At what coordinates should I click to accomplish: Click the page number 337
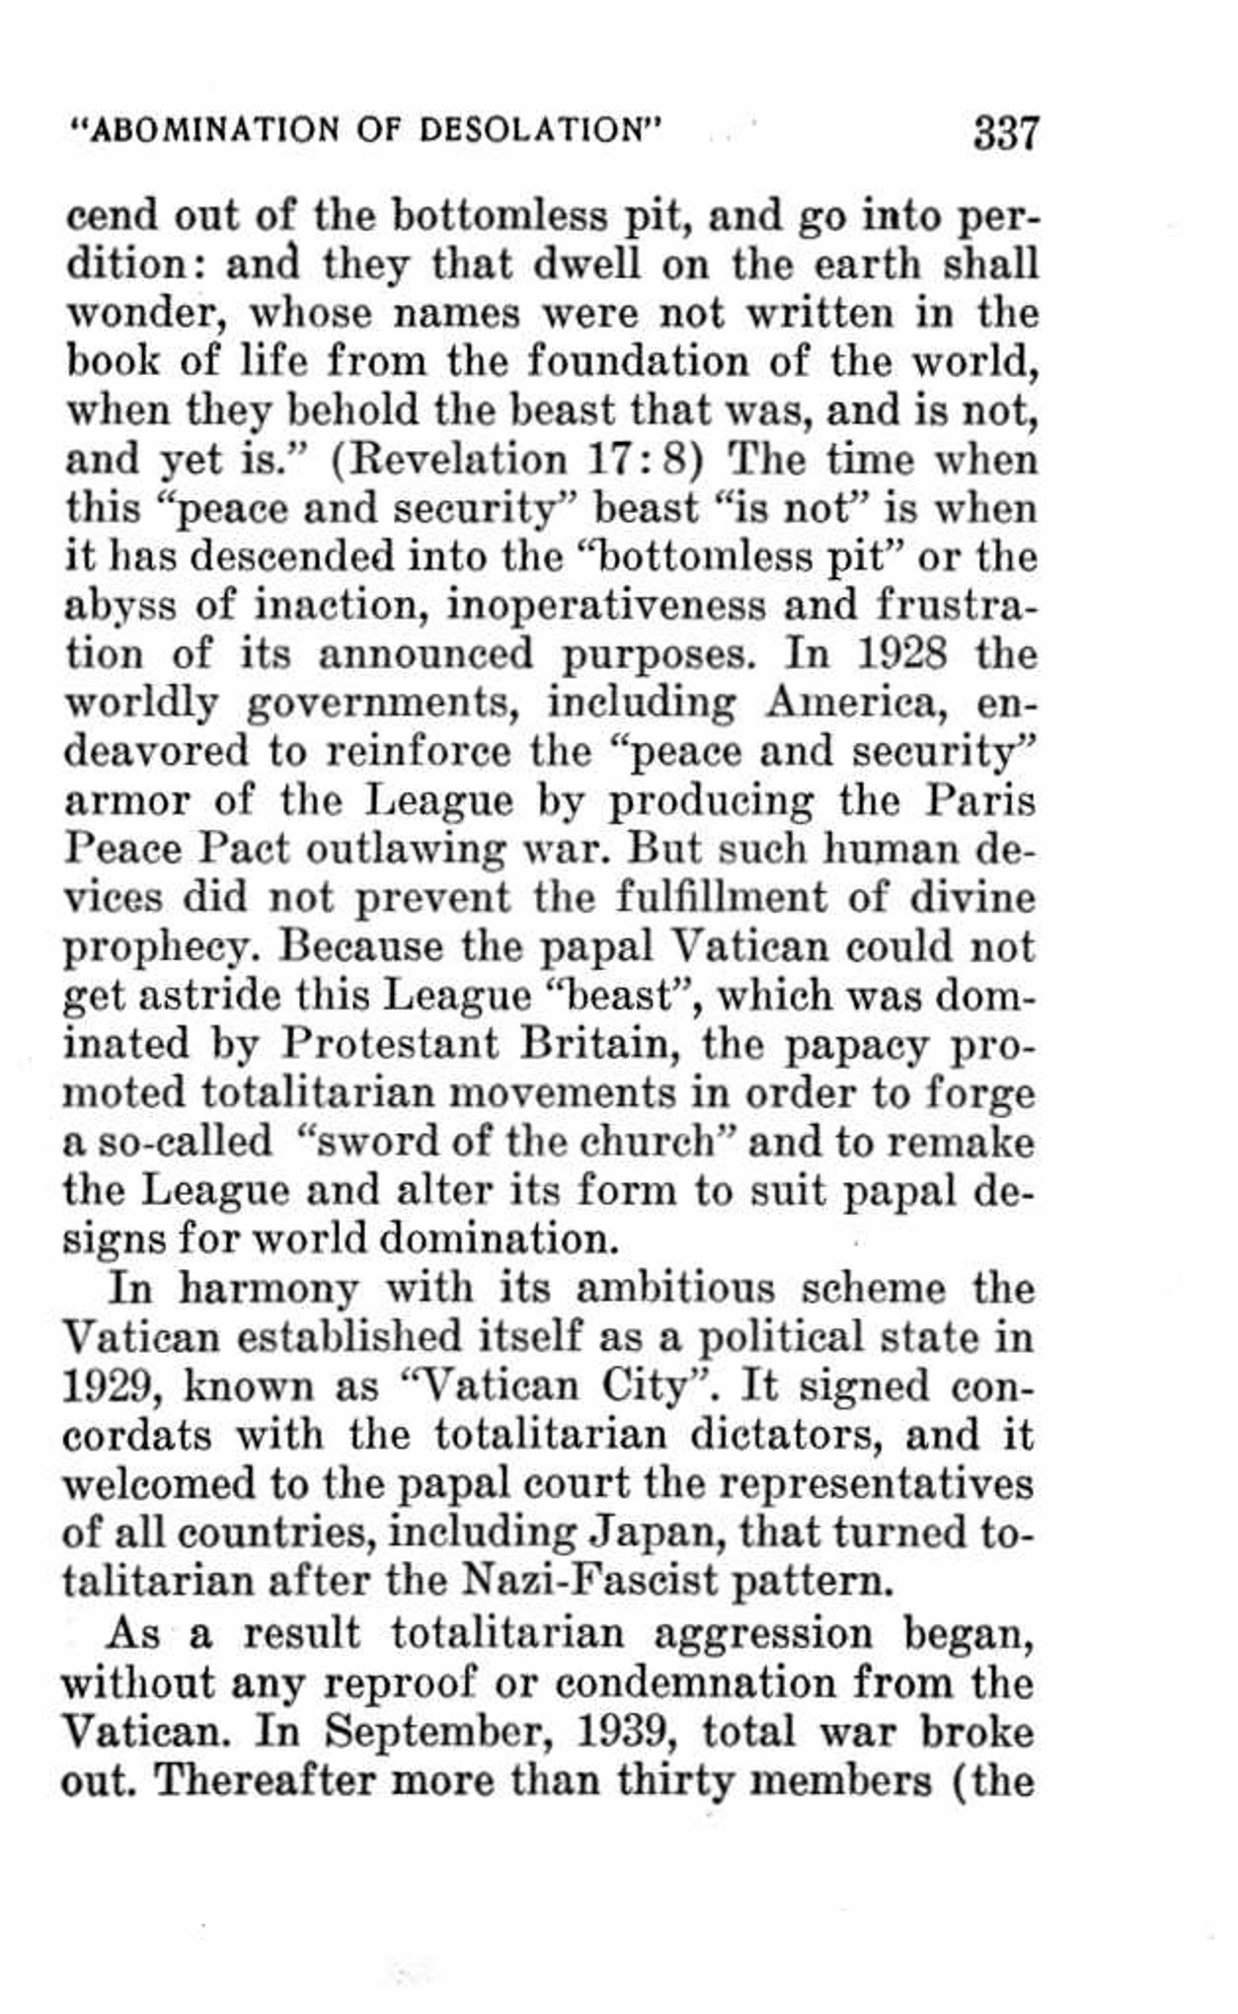(x=1006, y=132)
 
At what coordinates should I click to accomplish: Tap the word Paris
(x=979, y=800)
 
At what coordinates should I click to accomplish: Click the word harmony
(x=268, y=1290)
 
